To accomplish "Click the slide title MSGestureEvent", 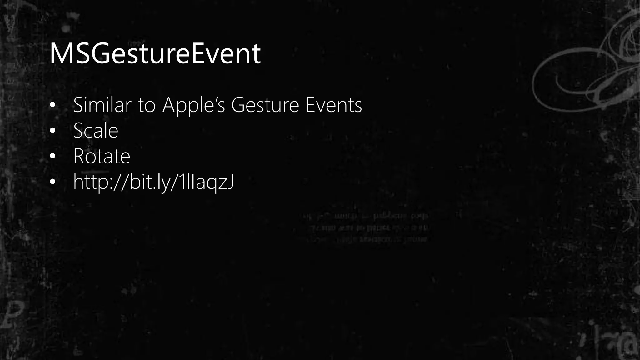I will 155,54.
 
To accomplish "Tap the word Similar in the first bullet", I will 102,105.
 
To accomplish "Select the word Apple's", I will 193,106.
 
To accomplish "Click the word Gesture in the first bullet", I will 265,106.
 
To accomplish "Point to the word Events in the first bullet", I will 333,105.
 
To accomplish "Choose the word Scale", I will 96,131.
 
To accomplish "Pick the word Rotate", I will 102,156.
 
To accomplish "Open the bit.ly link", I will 153,182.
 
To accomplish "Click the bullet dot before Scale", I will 52,131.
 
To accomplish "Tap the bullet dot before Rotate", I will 52,156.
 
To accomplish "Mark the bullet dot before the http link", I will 52,182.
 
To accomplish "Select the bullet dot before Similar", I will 52,105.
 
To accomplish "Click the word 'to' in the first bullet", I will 146,106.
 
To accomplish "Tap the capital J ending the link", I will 230,182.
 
